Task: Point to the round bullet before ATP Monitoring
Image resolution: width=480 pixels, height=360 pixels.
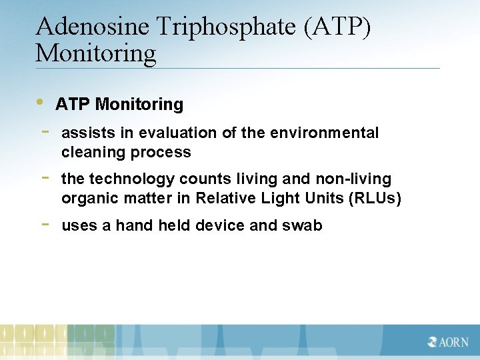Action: (x=41, y=103)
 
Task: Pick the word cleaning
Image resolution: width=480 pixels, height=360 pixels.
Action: (x=94, y=153)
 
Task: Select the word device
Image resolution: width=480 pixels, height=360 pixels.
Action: (x=220, y=226)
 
